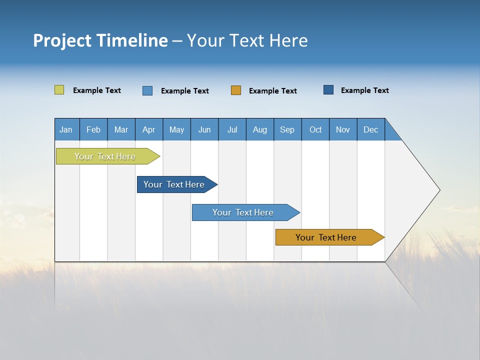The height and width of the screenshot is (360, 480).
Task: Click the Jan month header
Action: pos(66,129)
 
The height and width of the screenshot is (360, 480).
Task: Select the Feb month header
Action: pos(93,129)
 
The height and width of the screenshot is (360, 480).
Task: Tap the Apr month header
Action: pos(149,129)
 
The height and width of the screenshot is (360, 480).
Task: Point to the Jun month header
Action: pos(204,129)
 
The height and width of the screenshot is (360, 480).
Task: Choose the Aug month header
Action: pos(260,129)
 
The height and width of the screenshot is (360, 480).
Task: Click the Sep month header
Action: pos(287,129)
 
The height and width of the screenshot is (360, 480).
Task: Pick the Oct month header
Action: pos(315,129)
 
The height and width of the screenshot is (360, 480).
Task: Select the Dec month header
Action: pos(371,129)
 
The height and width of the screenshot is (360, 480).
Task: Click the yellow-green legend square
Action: pos(59,90)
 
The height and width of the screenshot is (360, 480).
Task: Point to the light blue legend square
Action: pos(147,90)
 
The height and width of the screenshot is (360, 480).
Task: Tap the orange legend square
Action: pos(236,90)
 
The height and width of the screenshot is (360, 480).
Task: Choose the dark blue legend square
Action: pos(328,90)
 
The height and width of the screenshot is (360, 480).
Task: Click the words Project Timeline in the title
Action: pos(100,40)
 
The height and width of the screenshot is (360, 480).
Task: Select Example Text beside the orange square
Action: pos(273,91)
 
